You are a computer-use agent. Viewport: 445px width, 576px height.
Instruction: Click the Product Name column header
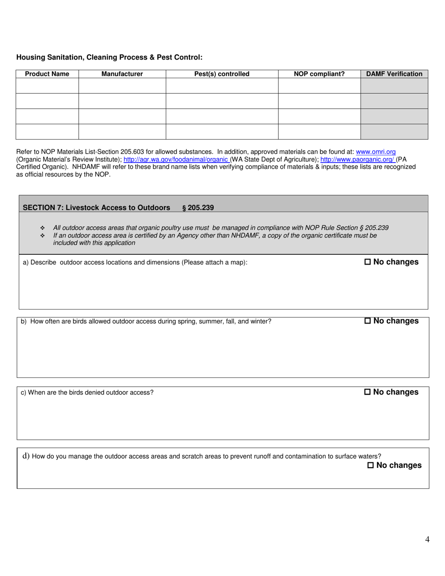47,74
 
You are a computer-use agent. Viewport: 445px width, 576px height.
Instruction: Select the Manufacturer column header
122,74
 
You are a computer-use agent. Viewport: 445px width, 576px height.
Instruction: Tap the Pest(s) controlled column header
222,74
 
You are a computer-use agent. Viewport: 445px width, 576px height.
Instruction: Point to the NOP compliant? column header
319,74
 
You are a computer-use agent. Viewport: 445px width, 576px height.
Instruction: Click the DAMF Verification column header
394,74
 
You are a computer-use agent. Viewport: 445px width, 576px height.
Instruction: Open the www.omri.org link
376,152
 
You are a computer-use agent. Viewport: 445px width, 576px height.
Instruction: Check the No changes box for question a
367,262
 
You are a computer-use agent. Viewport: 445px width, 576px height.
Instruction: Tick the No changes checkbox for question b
367,321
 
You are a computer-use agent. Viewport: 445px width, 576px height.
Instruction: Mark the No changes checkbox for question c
367,392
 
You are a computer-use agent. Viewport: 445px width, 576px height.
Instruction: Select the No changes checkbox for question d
371,465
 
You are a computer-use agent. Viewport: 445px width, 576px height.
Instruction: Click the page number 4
427,539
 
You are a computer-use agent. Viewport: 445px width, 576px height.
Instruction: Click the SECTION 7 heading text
96,207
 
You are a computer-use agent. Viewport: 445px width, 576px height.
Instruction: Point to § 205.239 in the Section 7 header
198,207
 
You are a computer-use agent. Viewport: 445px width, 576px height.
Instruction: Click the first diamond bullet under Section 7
43,228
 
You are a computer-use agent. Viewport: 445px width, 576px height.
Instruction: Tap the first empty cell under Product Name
47,86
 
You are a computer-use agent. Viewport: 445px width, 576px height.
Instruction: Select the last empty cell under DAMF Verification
394,132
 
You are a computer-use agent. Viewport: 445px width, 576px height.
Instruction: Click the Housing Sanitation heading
110,57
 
